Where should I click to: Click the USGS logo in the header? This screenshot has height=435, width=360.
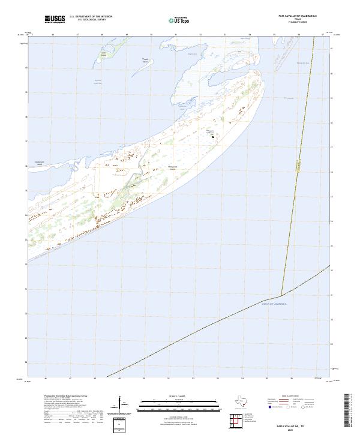[x=55, y=20]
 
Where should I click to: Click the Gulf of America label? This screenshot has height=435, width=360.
[x=274, y=304]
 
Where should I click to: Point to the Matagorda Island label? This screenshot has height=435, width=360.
[x=173, y=169]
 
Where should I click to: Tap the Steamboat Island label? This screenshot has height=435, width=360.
[x=40, y=163]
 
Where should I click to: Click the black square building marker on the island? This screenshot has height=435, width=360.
[x=212, y=136]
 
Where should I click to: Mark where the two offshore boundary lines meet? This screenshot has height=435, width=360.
[x=281, y=295]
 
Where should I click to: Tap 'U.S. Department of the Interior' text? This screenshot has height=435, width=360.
[x=91, y=17]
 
